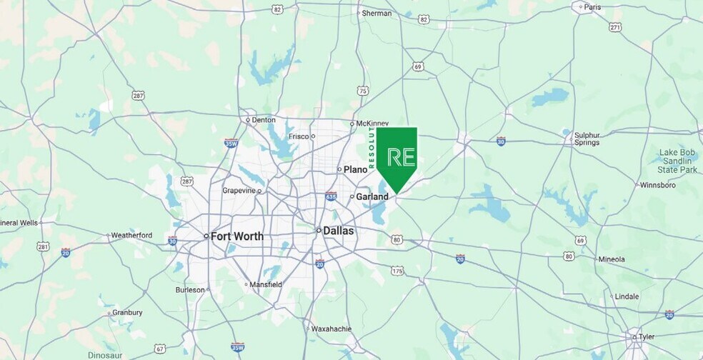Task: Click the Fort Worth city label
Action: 236,236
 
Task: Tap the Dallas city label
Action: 338,231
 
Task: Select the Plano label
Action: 355,169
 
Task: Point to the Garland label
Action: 373,196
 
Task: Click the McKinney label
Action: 372,124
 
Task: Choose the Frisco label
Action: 299,136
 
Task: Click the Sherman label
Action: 377,14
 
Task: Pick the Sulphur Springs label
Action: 587,139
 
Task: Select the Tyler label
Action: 645,336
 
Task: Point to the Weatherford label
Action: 131,235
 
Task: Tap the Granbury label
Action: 127,312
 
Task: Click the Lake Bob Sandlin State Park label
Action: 677,161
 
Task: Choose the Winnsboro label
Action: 658,185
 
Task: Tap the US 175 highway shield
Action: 397,271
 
